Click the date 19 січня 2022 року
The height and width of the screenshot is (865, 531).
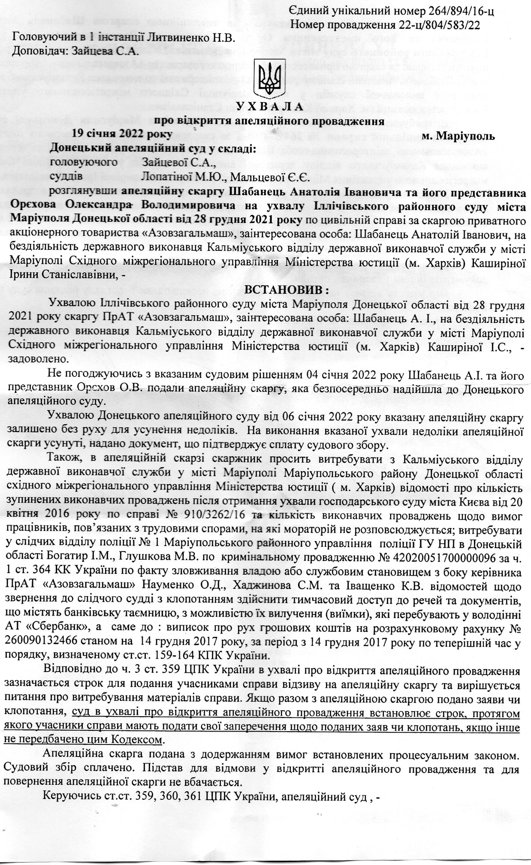pos(122,134)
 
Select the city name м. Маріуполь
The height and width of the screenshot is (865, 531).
pos(459,136)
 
